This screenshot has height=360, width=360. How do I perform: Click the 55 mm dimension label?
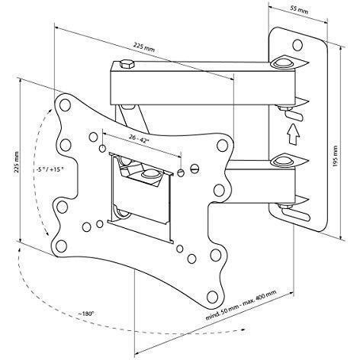coord(299,10)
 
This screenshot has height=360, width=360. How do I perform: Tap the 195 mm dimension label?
coord(336,156)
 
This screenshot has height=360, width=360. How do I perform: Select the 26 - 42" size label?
coord(139,139)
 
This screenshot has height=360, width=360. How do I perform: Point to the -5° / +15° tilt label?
coord(48,169)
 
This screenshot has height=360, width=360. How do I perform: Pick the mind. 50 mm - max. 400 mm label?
coord(241,305)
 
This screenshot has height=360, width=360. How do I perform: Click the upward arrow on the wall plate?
coord(293,134)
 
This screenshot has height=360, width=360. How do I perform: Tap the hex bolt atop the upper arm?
coord(127,64)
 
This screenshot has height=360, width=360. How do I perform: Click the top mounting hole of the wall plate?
coord(297,45)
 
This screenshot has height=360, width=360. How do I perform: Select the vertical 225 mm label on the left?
coord(16,162)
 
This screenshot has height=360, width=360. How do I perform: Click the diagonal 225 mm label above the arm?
coord(144,47)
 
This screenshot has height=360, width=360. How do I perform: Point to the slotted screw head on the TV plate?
coord(195,169)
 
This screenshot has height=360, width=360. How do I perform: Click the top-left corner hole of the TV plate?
coord(65,104)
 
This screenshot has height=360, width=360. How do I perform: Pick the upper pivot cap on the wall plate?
coord(281,62)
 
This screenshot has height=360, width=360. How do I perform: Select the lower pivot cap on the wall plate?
coord(281,160)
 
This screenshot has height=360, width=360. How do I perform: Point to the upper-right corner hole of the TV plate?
coord(222,145)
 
